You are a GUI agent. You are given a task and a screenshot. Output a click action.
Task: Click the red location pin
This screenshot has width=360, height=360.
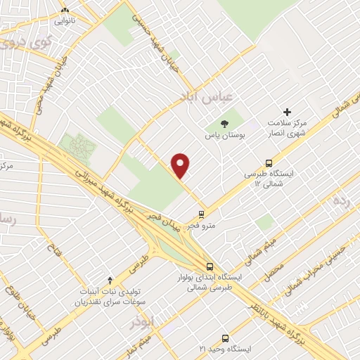coord(181,165)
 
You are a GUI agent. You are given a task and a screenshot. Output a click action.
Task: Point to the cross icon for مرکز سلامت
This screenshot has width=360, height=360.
coord(286,112)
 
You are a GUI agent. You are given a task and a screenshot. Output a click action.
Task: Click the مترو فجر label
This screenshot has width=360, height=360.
coord(202,226)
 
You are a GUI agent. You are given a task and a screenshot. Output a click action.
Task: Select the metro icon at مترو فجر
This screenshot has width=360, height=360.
coord(202,214)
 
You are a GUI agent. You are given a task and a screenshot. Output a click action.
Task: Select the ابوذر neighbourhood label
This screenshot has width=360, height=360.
coord(141,322)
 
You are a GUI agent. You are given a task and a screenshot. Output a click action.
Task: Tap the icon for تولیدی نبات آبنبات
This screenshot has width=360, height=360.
coord(109,281)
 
